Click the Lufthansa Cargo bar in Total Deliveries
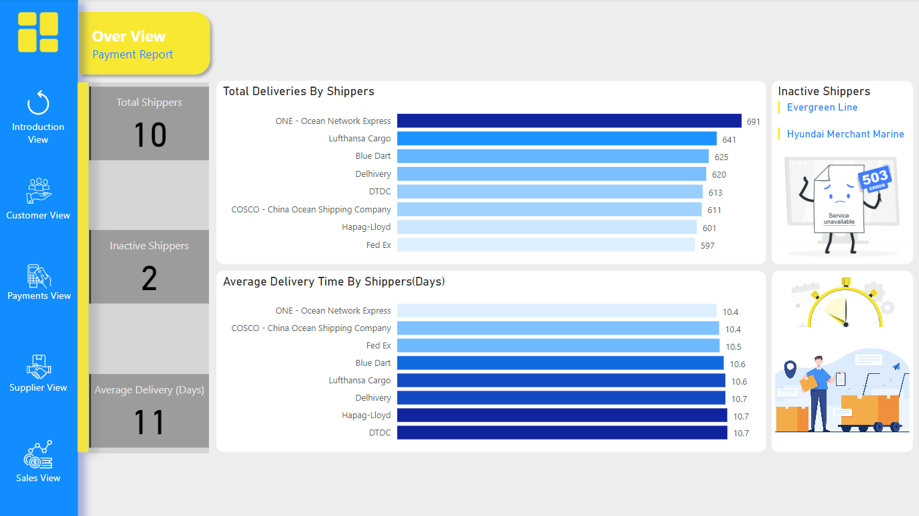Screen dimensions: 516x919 coord(556,139)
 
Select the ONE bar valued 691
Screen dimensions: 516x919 coord(569,121)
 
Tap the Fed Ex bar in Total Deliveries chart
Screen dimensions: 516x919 coord(546,245)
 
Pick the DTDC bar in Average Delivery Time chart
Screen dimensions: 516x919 coord(562,432)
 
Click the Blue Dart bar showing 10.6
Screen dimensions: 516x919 coord(560,363)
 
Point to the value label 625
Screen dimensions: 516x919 coord(721,157)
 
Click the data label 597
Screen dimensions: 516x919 coord(707,245)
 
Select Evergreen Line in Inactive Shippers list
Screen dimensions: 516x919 coord(822,107)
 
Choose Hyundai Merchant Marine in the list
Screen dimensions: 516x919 coord(845,134)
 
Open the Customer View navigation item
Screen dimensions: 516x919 coord(38,199)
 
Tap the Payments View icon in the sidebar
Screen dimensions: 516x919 coord(39,276)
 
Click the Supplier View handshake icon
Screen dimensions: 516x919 coord(39,367)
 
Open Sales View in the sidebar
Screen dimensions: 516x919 coord(38,462)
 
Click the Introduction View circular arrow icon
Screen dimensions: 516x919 coord(38,104)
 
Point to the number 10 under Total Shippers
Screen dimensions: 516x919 coord(149,135)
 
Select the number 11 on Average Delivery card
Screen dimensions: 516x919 coord(149,423)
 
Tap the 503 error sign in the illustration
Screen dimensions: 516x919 coord(874,179)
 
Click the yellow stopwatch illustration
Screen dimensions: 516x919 coord(845,306)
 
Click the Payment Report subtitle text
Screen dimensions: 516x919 coord(133,55)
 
